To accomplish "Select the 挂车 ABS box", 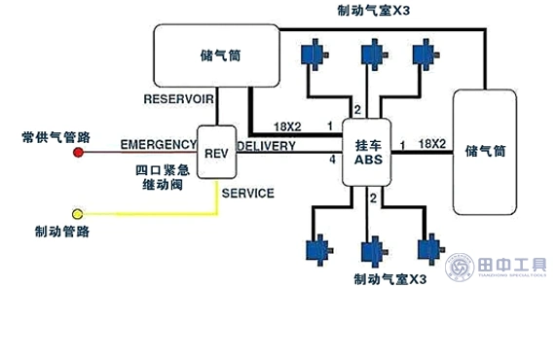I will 367,153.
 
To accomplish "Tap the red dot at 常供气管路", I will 79,152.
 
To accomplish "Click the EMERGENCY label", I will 159,145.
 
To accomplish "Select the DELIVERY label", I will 267,145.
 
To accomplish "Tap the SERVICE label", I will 247,194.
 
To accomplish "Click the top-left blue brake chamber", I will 314,54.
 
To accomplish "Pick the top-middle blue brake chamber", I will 370,54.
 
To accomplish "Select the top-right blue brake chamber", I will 425,54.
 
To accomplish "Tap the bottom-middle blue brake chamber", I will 370,253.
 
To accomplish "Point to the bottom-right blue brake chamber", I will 426,250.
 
